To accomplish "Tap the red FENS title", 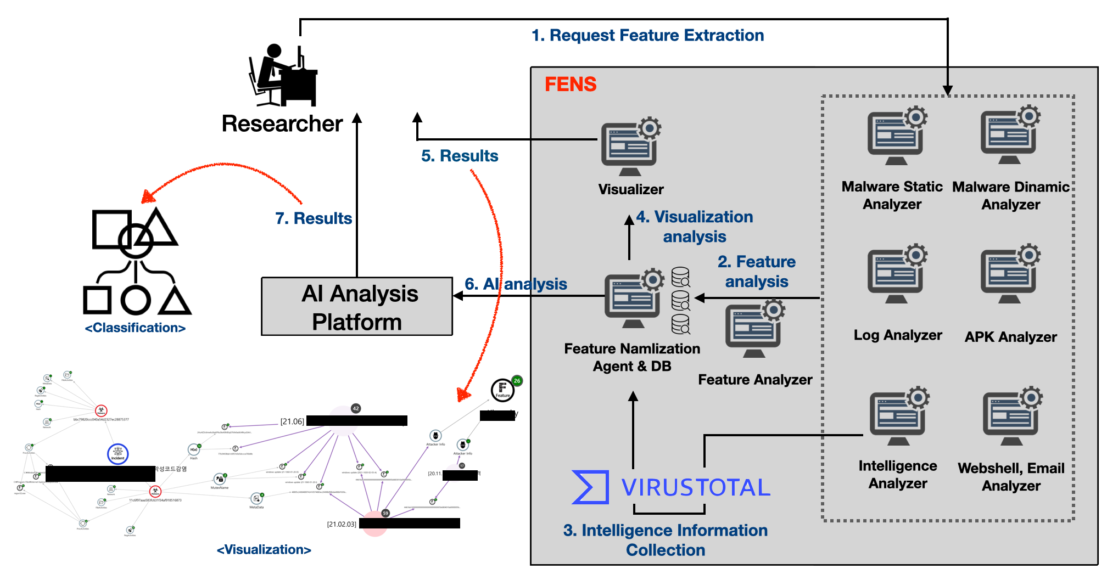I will point(571,85).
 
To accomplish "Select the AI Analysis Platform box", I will point(357,307).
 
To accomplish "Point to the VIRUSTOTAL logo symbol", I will point(590,487).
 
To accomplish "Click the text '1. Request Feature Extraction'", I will point(647,36).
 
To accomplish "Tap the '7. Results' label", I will point(314,218).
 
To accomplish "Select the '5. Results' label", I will point(460,156).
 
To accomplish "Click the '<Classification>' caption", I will point(135,328).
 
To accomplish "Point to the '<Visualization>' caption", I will point(264,549).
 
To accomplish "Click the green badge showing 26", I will point(517,381).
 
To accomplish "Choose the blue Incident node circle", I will point(118,454).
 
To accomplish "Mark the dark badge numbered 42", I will point(356,408).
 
